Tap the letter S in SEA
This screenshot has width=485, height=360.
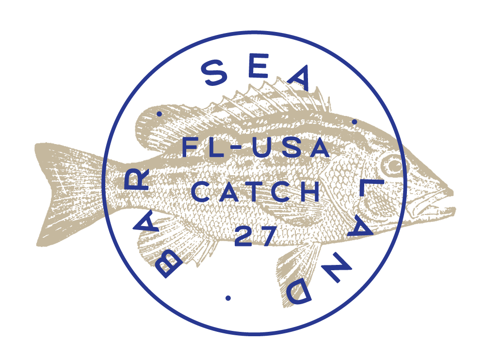[x=214, y=74]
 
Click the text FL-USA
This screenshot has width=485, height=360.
[x=256, y=147]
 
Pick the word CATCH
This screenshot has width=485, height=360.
[x=256, y=193]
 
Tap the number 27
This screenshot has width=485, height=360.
[x=256, y=236]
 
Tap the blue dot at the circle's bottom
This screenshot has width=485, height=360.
[x=228, y=297]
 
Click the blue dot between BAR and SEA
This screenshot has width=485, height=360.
[x=159, y=114]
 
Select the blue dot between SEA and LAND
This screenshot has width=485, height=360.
[x=355, y=122]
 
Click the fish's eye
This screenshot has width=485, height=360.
[x=392, y=166]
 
